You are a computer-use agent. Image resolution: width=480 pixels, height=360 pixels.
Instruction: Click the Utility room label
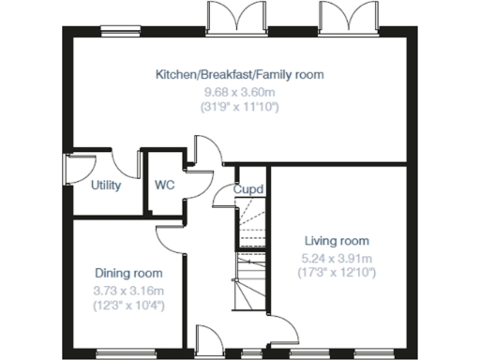[x=106, y=185]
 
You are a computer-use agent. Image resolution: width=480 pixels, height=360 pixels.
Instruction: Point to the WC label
[x=165, y=185]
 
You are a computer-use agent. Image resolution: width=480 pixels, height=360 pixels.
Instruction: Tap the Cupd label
[x=248, y=189]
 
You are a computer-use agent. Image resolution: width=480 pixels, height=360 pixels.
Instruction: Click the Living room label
[x=337, y=241]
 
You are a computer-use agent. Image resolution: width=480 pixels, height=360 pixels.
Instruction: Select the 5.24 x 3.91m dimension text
[x=337, y=258]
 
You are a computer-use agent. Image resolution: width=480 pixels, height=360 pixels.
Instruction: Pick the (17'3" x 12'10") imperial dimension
[x=337, y=274]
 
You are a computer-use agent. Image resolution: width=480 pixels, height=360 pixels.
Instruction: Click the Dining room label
[x=122, y=273]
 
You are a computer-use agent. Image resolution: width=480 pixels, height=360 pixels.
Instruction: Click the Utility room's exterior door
[x=72, y=171]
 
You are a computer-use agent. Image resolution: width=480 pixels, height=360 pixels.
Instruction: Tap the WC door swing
[x=197, y=184]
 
